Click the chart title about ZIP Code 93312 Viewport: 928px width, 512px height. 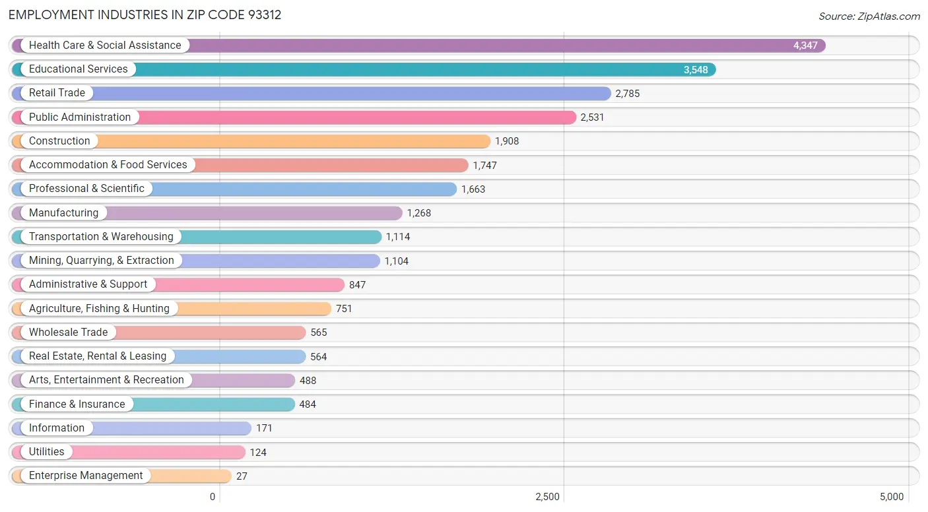145,15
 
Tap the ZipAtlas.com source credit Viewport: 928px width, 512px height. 869,16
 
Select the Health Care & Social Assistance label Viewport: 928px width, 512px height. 105,46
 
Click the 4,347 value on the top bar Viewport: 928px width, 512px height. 805,46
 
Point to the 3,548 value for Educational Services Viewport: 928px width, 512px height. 695,70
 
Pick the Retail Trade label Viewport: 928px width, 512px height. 57,93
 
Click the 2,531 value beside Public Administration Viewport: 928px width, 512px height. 592,117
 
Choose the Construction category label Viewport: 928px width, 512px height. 59,141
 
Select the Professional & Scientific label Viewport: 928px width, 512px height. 86,189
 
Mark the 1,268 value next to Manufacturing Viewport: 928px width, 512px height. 418,213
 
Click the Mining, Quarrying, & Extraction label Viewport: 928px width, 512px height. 101,261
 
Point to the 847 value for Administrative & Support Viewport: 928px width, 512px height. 357,285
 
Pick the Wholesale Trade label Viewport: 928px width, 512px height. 68,333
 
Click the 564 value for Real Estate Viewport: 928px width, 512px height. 319,357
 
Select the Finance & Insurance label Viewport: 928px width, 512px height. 77,404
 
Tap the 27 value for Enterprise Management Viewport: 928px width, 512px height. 242,476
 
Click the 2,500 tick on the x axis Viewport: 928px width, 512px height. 547,497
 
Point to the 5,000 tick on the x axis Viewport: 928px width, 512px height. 891,497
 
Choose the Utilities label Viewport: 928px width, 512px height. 46,452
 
